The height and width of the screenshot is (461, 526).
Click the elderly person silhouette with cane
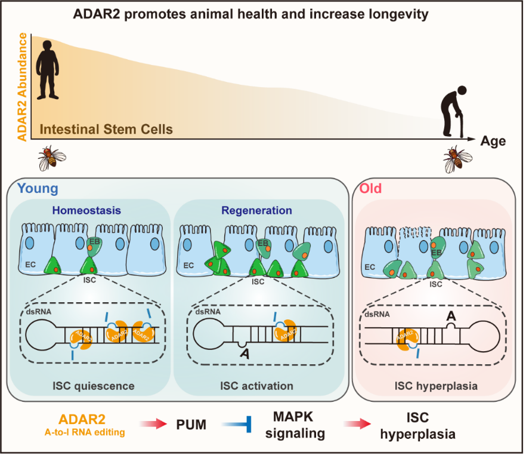(453, 112)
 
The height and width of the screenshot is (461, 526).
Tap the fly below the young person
(52, 158)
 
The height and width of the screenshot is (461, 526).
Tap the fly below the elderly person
(457, 159)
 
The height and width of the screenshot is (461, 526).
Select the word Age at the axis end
(493, 141)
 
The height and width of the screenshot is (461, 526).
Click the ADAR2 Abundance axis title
(23, 87)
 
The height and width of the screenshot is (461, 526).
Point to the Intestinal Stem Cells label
(106, 130)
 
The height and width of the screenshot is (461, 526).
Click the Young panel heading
(38, 189)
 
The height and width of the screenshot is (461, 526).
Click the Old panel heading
(370, 189)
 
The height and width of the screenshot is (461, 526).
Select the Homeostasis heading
(86, 210)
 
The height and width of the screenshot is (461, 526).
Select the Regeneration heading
(256, 210)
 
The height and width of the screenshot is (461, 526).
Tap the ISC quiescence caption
(94, 386)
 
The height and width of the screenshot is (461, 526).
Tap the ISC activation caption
(256, 386)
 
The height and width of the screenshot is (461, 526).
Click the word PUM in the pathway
(191, 425)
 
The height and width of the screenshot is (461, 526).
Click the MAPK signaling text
(295, 425)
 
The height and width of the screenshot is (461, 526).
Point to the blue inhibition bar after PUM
(237, 425)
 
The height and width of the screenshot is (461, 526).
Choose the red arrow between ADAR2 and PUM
(153, 424)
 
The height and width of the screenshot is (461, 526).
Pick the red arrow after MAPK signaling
(357, 424)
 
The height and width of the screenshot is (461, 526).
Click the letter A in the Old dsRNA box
(451, 316)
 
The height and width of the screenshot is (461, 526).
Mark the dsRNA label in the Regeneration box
(208, 312)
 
